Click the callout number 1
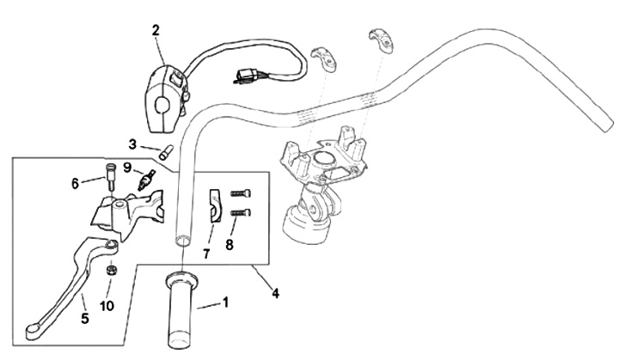226,302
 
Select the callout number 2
156,30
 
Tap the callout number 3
133,143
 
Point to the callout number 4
275,292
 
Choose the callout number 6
75,182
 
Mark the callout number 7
205,253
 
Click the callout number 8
229,244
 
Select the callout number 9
126,167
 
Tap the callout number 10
106,306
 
